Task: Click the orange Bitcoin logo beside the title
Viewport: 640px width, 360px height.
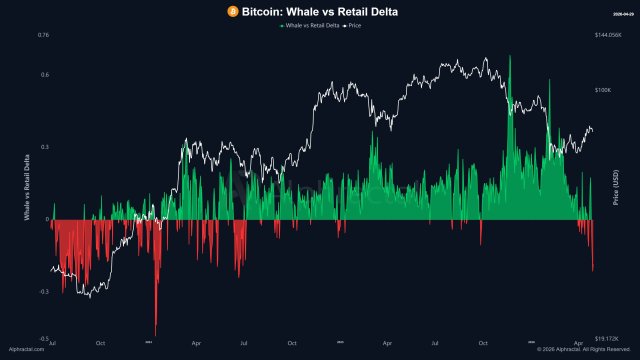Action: point(233,11)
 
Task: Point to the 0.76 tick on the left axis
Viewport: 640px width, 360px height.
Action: point(43,35)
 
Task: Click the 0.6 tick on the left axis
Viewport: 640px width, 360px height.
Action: point(45,74)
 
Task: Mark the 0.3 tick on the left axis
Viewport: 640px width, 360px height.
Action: point(45,146)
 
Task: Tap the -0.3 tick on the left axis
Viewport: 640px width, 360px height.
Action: point(44,292)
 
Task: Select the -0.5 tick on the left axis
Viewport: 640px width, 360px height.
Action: point(44,339)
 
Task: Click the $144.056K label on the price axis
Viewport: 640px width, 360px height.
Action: point(607,35)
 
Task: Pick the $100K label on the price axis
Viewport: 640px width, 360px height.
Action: point(603,90)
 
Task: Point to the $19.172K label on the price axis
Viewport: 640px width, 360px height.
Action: point(606,339)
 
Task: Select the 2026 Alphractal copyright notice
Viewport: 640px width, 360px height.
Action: point(581,350)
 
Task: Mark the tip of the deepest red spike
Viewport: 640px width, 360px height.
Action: point(155,335)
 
